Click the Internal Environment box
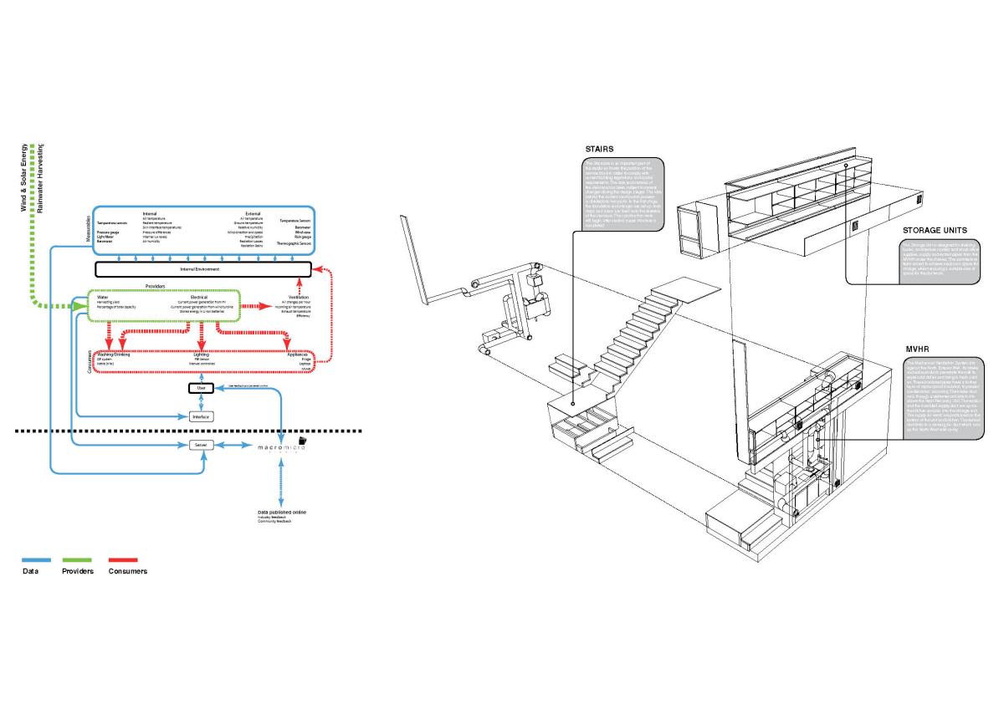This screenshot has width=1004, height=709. click(x=203, y=269)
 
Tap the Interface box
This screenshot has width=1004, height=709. click(x=201, y=416)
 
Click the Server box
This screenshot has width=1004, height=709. click(x=201, y=446)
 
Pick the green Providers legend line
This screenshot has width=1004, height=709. click(x=77, y=560)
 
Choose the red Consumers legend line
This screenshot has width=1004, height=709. click(x=123, y=560)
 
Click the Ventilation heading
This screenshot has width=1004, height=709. click(x=298, y=297)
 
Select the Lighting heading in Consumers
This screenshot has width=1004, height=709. click(x=201, y=354)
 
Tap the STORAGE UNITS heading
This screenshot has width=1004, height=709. click(x=935, y=229)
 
